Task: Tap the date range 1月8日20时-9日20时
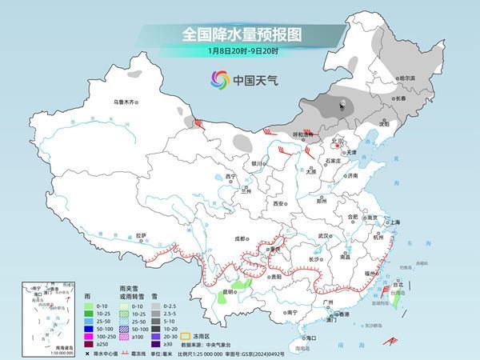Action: click(x=239, y=53)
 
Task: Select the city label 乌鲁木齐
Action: click(x=126, y=102)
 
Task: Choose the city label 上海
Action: click(x=394, y=222)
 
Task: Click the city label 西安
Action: click(x=278, y=204)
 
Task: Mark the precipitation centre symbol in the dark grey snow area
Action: click(x=342, y=104)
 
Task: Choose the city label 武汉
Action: click(x=323, y=236)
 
